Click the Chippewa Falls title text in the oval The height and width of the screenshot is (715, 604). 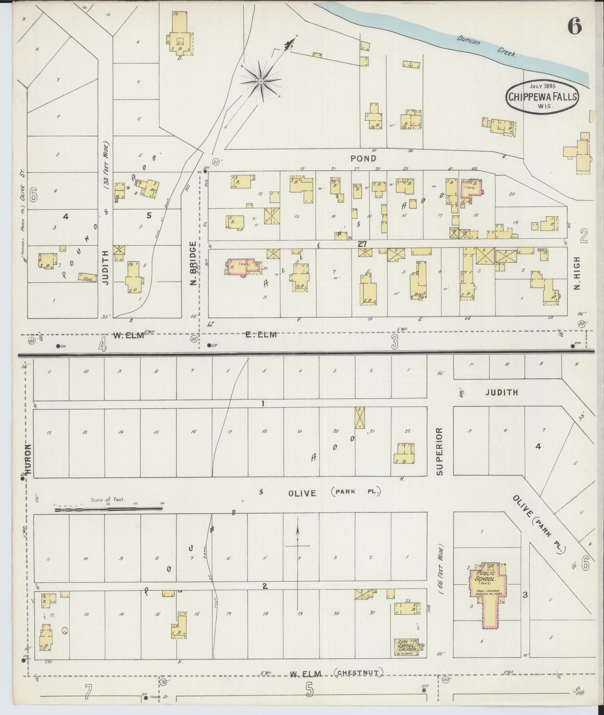[x=542, y=97]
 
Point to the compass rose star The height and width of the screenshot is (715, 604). [x=261, y=81]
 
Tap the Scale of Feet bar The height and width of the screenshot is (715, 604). [x=108, y=509]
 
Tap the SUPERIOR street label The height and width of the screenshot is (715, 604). [x=440, y=452]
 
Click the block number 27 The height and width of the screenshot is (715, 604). [x=362, y=244]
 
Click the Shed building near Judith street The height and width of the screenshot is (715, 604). [x=85, y=276]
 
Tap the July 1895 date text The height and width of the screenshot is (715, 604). [x=542, y=86]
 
